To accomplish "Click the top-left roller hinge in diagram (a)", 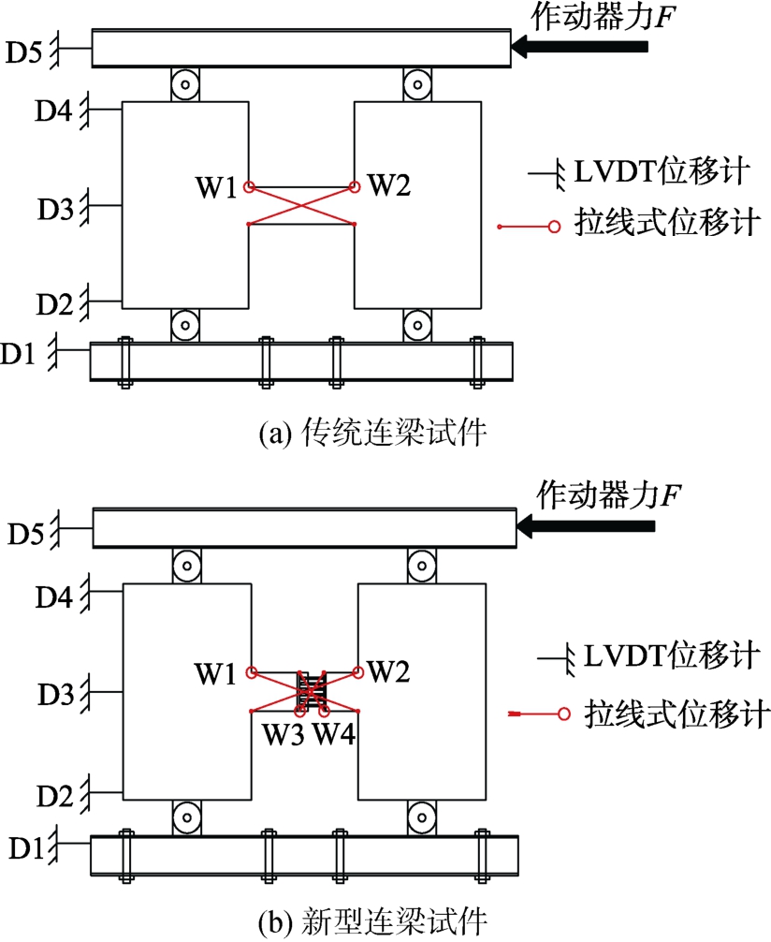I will click(x=186, y=85).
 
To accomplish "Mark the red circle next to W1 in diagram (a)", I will click(x=249, y=187).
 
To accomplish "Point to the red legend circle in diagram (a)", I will click(x=554, y=226).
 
